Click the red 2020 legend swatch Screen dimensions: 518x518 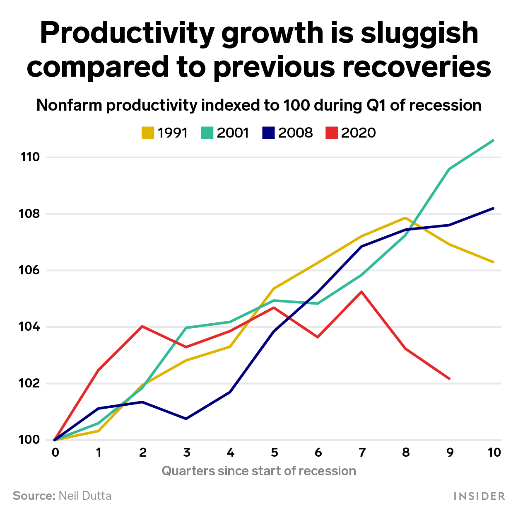[332, 133]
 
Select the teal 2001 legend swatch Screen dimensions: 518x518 [207, 133]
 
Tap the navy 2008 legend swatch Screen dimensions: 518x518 [269, 133]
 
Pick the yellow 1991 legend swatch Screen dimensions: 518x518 [148, 133]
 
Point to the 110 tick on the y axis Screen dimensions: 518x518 [30, 157]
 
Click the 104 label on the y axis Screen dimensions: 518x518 [30, 327]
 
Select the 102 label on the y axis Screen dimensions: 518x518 [30, 383]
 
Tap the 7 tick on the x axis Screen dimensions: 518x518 [362, 453]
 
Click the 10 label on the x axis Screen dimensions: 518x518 [494, 453]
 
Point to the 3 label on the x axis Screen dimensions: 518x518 [186, 453]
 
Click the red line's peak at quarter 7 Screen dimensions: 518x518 [362, 292]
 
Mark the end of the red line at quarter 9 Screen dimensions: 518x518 [449, 378]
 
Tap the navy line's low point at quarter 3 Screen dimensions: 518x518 [186, 419]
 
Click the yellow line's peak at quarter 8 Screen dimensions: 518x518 [405, 218]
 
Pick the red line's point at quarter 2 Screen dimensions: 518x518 [142, 326]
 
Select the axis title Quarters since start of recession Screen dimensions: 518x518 [259, 471]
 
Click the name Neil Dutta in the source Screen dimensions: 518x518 [85, 496]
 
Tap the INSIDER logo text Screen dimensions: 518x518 [479, 496]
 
